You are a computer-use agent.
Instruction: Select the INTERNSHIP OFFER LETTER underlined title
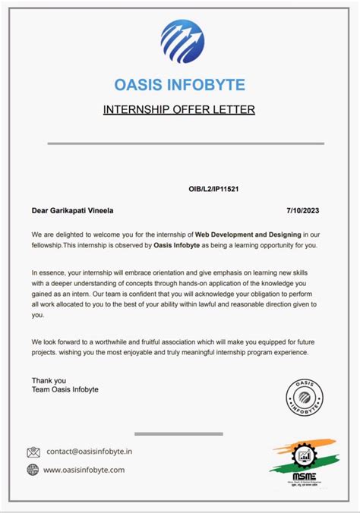point(179,110)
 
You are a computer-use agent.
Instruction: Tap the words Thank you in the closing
point(49,379)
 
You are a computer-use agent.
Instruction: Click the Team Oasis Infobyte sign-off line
point(65,389)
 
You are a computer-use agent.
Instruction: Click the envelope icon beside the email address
point(33,452)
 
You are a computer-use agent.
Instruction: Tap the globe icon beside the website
point(33,470)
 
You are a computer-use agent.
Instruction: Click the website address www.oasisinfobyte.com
point(84,470)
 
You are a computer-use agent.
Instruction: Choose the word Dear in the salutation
point(39,210)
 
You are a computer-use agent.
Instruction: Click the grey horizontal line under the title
point(185,143)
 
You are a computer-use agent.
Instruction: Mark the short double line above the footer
point(178,433)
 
